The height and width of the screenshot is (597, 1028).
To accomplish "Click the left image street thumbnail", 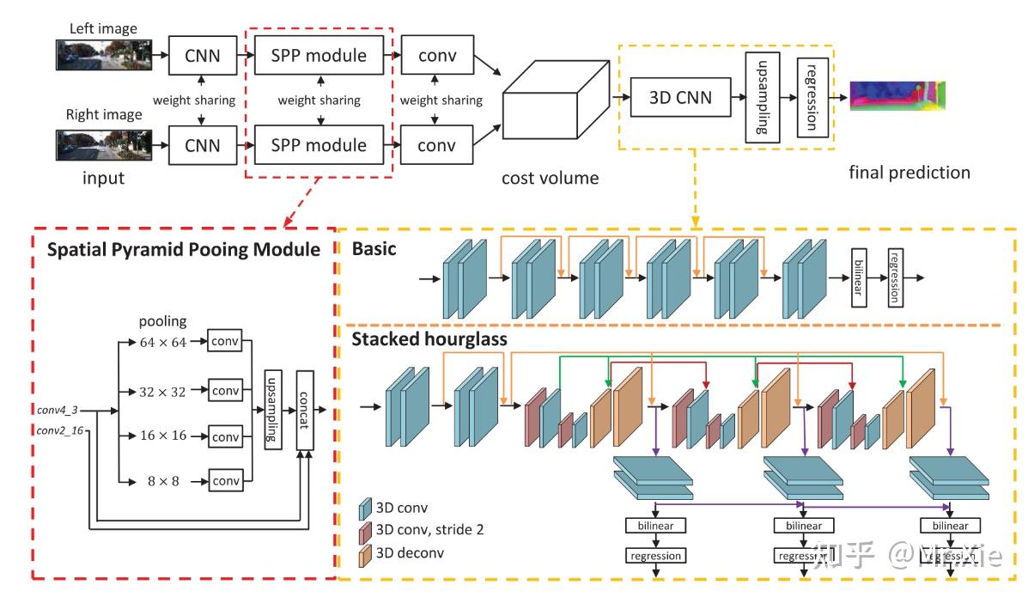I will tap(104, 55).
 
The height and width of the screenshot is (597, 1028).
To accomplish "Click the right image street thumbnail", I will tap(104, 145).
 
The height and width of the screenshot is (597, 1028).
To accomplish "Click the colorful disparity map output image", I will tap(897, 95).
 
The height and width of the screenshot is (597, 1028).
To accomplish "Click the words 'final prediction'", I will tap(909, 172).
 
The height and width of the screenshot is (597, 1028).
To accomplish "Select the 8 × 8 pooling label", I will tap(162, 481).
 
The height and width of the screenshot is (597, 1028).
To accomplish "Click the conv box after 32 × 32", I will tap(226, 390).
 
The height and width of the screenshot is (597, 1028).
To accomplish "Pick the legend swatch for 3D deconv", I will tap(364, 551).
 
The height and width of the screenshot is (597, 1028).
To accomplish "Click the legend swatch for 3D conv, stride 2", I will tap(364, 529).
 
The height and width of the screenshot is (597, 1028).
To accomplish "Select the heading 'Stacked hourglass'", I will tap(429, 339).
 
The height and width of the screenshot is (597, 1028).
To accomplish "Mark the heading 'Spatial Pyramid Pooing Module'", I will tap(184, 250).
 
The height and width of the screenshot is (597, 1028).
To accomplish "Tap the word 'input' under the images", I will tap(103, 178).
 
